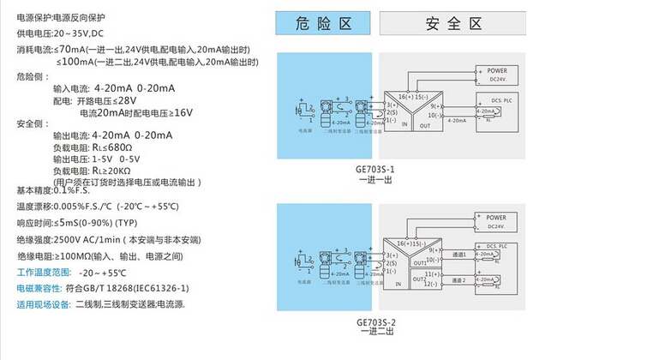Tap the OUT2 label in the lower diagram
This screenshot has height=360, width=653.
point(419,279)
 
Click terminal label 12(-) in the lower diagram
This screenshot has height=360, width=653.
point(434,284)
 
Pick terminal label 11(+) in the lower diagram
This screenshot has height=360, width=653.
point(434,273)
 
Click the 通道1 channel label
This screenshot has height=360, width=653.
point(459,255)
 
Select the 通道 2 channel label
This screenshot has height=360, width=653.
point(460,280)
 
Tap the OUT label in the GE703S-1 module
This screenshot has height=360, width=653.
point(424,125)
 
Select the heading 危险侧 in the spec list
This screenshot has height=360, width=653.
point(28,76)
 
